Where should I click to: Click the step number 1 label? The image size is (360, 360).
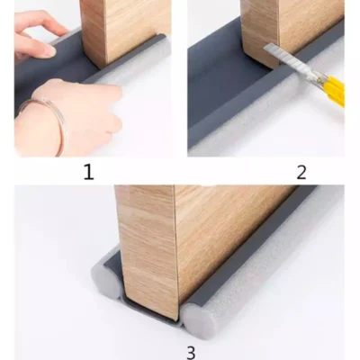(88, 173)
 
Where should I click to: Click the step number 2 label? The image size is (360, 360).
(301, 173)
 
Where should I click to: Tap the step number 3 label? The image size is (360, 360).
(191, 353)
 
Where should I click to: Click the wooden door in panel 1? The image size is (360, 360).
(125, 30)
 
